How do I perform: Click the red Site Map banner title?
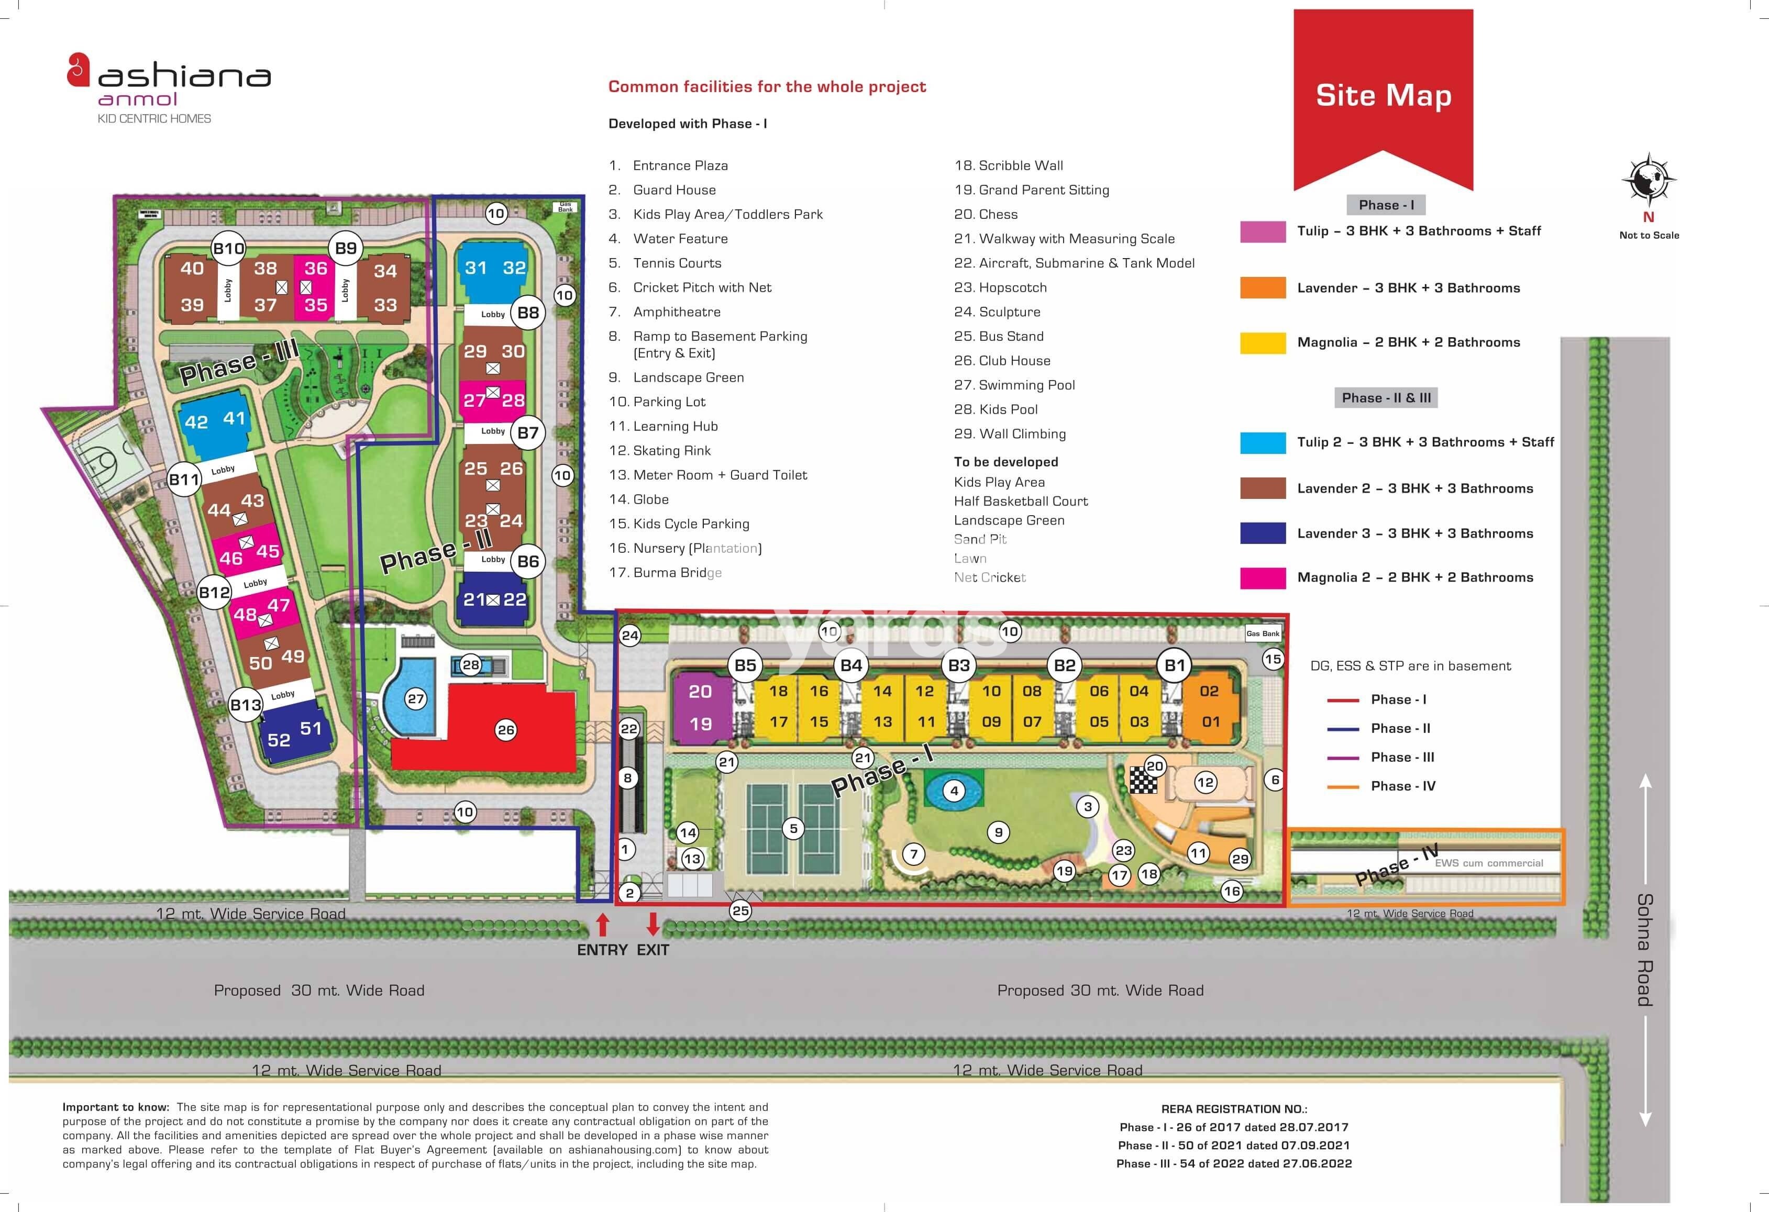click(1383, 96)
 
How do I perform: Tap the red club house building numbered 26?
click(487, 730)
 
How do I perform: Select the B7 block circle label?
click(527, 433)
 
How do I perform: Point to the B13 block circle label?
click(245, 705)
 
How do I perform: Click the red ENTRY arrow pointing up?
click(602, 925)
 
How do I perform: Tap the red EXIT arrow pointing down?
click(653, 924)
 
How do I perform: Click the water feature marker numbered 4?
click(954, 791)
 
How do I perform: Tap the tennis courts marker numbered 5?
click(793, 829)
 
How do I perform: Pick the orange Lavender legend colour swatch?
click(1262, 287)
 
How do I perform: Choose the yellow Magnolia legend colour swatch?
click(1262, 342)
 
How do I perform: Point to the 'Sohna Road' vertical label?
click(1644, 950)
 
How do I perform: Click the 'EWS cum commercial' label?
click(1488, 863)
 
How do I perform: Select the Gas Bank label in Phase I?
click(1263, 633)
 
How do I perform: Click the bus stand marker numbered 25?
click(740, 910)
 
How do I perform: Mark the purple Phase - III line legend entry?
click(1379, 757)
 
